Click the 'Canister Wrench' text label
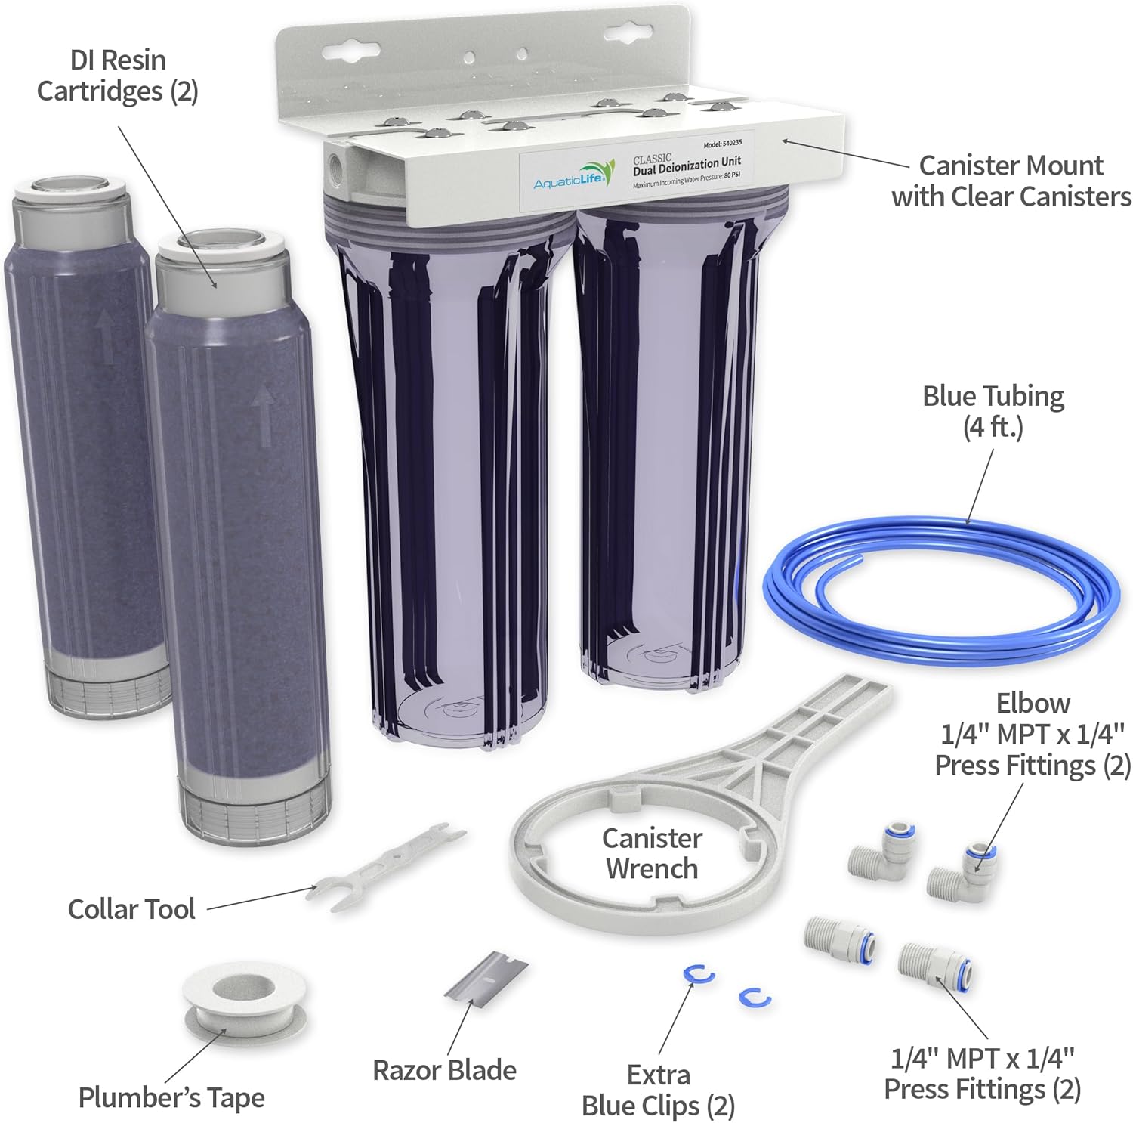651,853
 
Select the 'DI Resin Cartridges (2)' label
117,76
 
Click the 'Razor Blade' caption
444,1070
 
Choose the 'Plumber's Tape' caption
171,1097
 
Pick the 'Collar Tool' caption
131,909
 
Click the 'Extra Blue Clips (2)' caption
658,1090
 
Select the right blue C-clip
755,998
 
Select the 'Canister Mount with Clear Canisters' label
1011,181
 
